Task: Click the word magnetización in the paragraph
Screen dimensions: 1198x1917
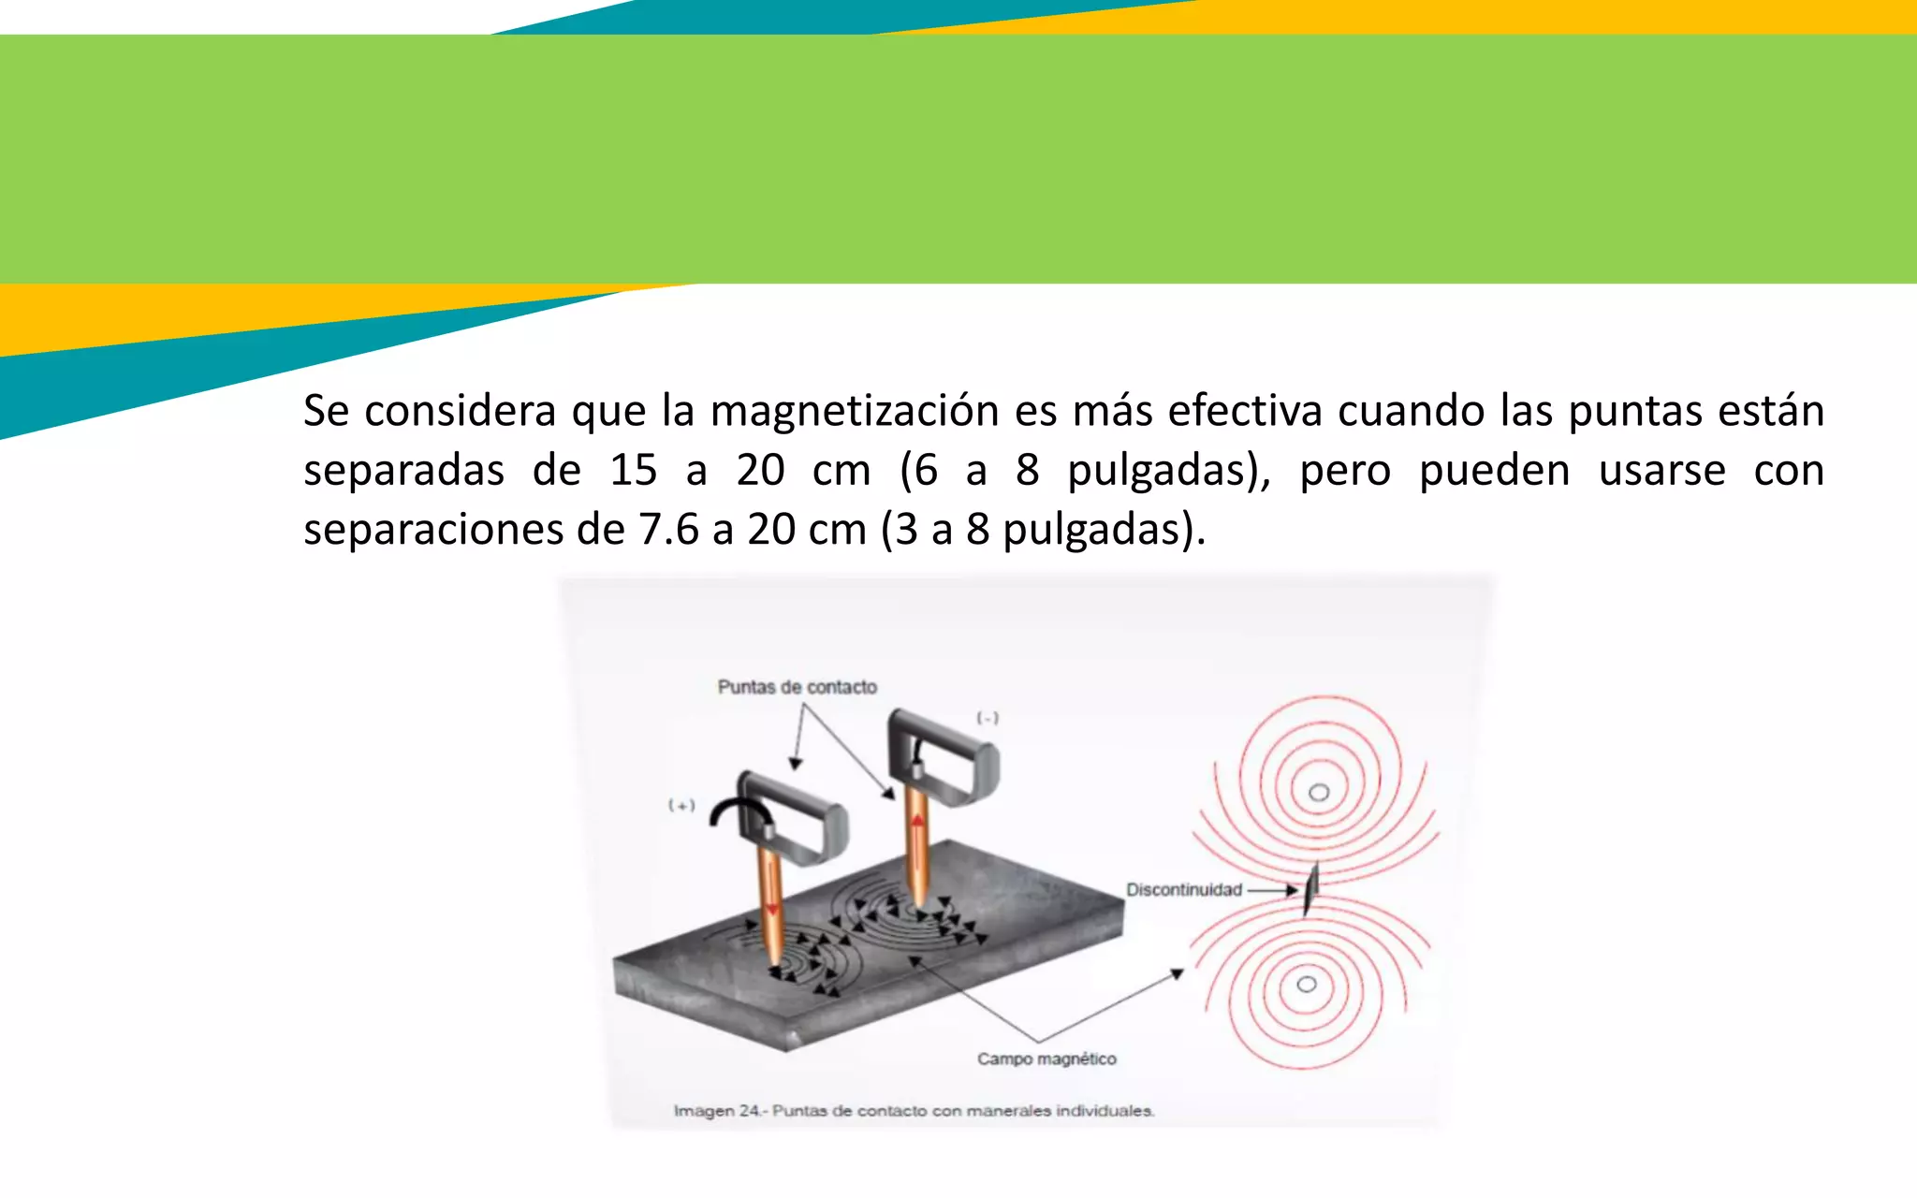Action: point(855,412)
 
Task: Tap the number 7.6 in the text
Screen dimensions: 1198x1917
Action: point(668,530)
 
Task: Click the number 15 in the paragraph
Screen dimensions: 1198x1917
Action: point(633,470)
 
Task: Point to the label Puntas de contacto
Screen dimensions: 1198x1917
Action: point(797,687)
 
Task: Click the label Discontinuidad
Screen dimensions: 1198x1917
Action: point(1183,889)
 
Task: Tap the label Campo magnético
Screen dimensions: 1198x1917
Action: point(1046,1059)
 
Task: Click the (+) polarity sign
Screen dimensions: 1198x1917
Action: point(681,805)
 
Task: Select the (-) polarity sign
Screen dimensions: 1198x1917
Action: point(988,718)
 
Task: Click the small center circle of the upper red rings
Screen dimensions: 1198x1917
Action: point(1319,793)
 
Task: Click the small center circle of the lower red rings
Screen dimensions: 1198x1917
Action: point(1307,984)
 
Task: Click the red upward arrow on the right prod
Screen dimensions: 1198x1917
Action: point(918,824)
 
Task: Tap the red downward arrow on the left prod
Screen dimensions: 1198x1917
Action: point(772,908)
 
